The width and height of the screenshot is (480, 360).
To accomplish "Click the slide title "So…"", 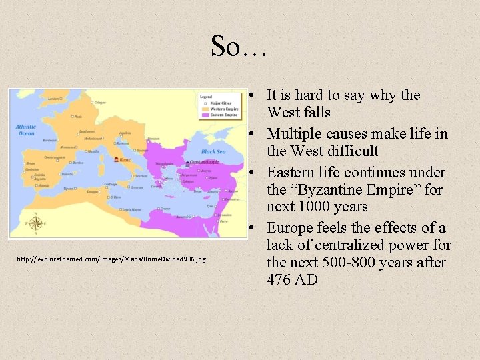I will click(x=239, y=45).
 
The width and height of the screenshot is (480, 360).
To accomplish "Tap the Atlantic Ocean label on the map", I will click(x=26, y=130).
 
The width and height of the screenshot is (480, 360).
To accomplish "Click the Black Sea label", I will click(x=213, y=152).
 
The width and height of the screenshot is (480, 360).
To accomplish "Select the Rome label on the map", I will click(x=125, y=160).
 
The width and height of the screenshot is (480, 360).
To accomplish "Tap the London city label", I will click(x=53, y=99).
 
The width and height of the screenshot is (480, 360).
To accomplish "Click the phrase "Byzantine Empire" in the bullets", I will click(x=347, y=190).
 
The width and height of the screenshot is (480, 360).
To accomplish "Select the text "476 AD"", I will click(x=292, y=280).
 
